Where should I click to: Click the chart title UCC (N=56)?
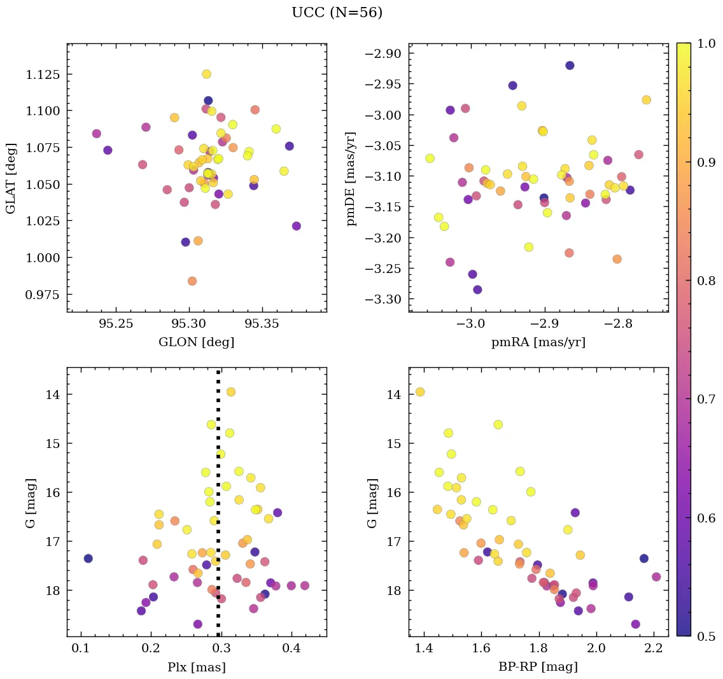coord(337,13)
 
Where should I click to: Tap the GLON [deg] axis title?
coord(196,342)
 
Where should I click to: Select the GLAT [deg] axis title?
coord(11,178)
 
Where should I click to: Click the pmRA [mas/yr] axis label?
coord(538,342)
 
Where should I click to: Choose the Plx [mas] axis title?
coord(196,668)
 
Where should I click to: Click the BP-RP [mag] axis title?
coord(538,668)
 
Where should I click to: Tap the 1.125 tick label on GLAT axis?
coord(42,74)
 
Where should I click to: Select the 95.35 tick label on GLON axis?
coord(262,325)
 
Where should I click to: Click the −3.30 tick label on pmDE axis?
coord(382,299)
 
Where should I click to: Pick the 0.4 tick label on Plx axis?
coord(291,649)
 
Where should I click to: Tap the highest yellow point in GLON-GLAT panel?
coord(206,74)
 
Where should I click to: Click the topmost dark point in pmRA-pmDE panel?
coord(570,66)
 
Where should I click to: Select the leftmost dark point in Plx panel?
coord(88,558)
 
